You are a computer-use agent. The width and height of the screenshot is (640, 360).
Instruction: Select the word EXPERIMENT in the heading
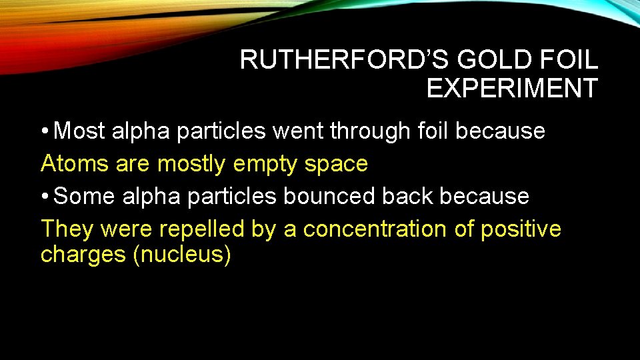[x=512, y=88]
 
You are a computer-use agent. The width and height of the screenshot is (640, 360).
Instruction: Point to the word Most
[x=79, y=131]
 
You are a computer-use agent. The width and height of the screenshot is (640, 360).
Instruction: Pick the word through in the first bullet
[x=366, y=132]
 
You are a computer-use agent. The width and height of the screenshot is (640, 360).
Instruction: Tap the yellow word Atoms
[x=75, y=163]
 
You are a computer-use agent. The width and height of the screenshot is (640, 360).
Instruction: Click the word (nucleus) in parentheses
[x=181, y=255]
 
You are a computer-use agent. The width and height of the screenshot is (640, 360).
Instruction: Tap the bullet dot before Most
[x=44, y=132]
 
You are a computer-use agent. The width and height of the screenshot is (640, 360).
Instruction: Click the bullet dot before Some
[x=44, y=197]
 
